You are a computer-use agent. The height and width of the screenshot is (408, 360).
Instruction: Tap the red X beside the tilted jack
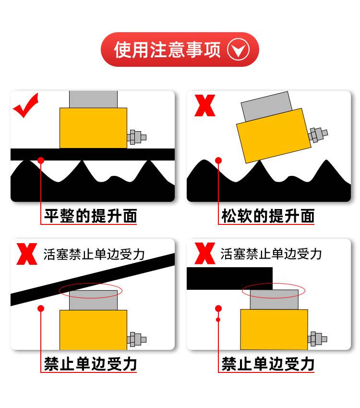[205, 105]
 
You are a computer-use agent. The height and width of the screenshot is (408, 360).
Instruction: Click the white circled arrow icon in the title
[239, 49]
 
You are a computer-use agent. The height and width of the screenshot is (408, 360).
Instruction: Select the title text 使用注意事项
[168, 49]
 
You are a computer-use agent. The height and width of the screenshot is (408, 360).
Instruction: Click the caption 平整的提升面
[90, 216]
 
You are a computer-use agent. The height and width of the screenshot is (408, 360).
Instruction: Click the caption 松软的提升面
[268, 216]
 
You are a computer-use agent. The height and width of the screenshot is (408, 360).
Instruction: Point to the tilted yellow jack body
[274, 136]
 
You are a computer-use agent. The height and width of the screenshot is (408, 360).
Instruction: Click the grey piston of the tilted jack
[267, 106]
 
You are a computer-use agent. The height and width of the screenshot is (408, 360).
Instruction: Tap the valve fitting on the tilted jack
[318, 135]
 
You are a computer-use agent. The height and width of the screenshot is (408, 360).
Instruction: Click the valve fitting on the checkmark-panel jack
[137, 137]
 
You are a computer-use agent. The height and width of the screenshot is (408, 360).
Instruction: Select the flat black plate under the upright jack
[93, 154]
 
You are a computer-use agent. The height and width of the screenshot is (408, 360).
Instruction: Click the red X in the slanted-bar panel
[27, 254]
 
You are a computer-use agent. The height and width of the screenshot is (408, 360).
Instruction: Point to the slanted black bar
[93, 280]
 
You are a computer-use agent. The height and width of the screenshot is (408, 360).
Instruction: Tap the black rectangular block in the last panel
[229, 278]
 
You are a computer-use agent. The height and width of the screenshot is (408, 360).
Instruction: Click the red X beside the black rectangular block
[205, 253]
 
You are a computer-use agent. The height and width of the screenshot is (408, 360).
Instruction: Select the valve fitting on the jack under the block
[317, 339]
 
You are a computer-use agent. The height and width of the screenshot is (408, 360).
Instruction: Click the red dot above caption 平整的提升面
[41, 161]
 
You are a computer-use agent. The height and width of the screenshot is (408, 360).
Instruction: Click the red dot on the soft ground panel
[218, 161]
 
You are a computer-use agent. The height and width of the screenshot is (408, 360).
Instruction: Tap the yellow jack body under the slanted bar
[93, 330]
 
